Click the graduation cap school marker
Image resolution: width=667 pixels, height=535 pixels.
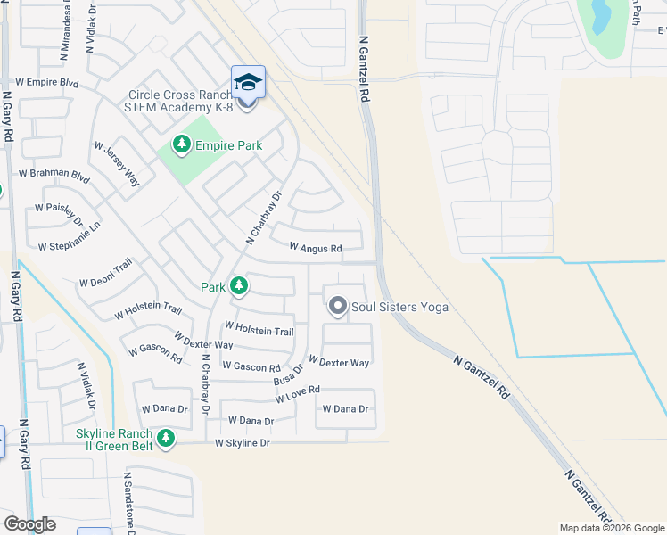click(248, 82)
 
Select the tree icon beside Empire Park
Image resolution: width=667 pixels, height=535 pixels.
click(181, 144)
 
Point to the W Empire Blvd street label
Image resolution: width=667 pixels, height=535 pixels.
click(41, 83)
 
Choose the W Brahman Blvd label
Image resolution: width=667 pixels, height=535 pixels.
click(54, 174)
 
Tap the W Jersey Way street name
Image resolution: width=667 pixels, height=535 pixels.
click(117, 166)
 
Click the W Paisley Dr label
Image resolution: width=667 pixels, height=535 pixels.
click(59, 213)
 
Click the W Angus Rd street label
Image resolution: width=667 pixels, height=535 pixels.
click(316, 248)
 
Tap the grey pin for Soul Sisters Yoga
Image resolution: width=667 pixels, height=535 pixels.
click(337, 306)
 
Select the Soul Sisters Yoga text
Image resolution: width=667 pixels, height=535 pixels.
click(399, 308)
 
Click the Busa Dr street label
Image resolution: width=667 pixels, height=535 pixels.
click(288, 373)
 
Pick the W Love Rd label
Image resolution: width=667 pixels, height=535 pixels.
click(297, 395)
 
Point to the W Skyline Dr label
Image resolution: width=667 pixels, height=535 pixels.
click(242, 443)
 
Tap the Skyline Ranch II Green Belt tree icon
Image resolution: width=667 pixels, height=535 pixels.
click(165, 438)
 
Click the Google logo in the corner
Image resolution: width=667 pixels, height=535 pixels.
click(29, 524)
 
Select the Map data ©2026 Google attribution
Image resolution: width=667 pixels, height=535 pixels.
click(611, 528)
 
